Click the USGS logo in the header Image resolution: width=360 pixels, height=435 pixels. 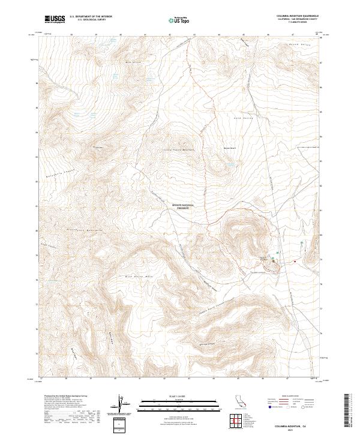(55, 19)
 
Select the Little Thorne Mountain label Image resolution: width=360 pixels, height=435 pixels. (179, 150)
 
